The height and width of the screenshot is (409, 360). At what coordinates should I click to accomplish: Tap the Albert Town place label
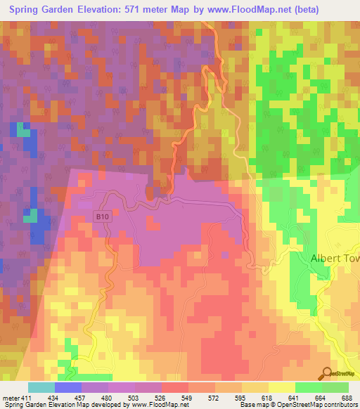click(x=335, y=259)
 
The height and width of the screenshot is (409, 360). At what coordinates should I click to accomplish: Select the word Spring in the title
click(x=30, y=9)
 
